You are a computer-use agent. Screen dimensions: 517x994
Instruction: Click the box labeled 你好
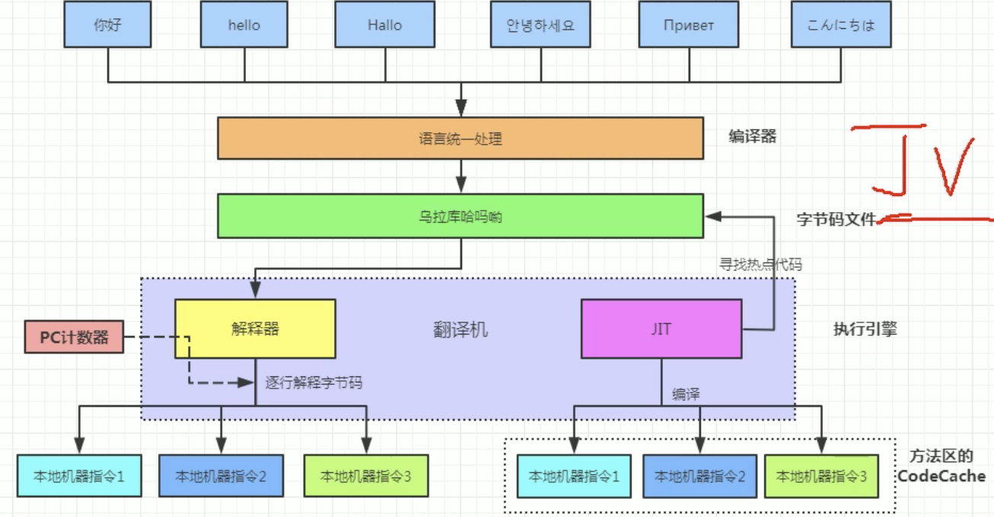[x=108, y=24]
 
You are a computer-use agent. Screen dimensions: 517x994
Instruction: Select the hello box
[x=244, y=24]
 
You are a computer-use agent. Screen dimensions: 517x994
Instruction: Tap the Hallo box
[x=384, y=24]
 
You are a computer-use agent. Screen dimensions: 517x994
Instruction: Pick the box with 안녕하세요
[x=540, y=24]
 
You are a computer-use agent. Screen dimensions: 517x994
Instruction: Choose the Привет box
[x=689, y=24]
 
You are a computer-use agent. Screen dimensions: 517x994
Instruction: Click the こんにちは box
[x=841, y=24]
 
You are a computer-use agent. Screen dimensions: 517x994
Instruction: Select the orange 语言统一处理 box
[x=460, y=139]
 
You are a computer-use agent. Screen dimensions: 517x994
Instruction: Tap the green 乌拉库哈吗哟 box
[x=460, y=217]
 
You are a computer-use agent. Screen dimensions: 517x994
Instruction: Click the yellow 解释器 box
[x=255, y=328]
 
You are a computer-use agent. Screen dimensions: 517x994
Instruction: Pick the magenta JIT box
[x=661, y=328]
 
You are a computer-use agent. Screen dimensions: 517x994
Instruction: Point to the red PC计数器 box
[x=74, y=337]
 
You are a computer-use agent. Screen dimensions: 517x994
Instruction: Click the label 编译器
[x=752, y=137]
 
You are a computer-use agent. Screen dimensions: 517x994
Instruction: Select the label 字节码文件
[x=836, y=220]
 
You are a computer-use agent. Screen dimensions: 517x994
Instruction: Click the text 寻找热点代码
[x=760, y=265]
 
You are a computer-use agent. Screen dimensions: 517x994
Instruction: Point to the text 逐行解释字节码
[x=314, y=382]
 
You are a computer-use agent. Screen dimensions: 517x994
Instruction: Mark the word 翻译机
[x=460, y=329]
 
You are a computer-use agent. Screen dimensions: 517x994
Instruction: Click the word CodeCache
[x=941, y=477]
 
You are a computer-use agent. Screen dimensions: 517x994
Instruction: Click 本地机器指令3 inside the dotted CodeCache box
[x=821, y=477]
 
